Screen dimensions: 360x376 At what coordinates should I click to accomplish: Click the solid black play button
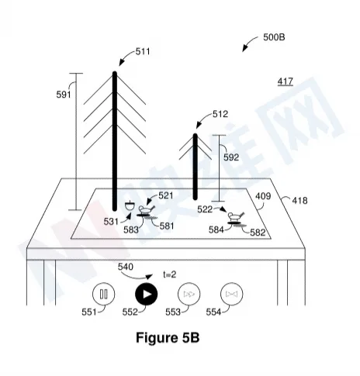[147, 294]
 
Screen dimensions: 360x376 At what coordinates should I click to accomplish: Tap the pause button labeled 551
[104, 294]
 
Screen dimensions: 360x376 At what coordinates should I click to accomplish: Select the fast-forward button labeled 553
[189, 294]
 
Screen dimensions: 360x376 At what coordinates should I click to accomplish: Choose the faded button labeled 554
[232, 294]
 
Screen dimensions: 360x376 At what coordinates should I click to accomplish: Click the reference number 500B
[274, 37]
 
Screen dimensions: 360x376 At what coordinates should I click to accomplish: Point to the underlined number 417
[286, 81]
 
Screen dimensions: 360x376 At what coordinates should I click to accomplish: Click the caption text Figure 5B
[168, 338]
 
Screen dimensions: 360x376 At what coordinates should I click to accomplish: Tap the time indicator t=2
[170, 274]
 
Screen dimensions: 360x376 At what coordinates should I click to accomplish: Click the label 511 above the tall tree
[143, 52]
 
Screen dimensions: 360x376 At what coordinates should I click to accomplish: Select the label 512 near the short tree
[220, 114]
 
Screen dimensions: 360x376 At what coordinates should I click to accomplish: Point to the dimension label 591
[64, 95]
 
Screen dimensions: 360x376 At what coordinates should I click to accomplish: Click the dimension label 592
[231, 157]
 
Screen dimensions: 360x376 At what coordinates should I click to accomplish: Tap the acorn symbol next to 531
[130, 206]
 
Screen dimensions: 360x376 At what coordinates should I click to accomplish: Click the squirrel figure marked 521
[147, 209]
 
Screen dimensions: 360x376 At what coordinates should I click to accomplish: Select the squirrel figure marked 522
[236, 216]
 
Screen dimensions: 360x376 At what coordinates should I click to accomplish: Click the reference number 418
[299, 201]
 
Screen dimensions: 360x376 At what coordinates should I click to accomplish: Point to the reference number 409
[263, 196]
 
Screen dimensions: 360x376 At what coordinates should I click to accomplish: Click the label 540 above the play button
[126, 267]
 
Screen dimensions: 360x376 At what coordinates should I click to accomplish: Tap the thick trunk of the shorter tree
[196, 167]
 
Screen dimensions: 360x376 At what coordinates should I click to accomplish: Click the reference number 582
[258, 233]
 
